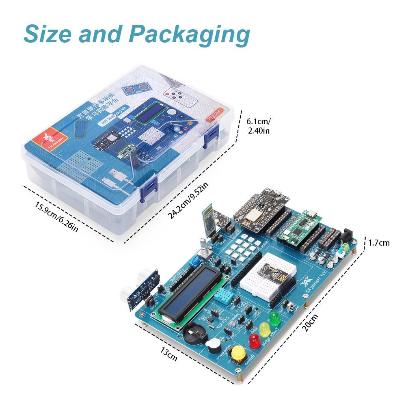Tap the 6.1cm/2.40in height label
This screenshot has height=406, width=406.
pos(258,126)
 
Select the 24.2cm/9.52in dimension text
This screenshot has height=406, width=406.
pos(188,201)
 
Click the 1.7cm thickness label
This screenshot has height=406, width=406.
pos(379,243)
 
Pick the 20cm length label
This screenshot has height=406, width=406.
pos(311,323)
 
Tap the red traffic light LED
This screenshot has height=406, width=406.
pos(255,341)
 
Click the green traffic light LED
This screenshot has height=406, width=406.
pos(275,318)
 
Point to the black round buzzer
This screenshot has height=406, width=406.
pos(213,347)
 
